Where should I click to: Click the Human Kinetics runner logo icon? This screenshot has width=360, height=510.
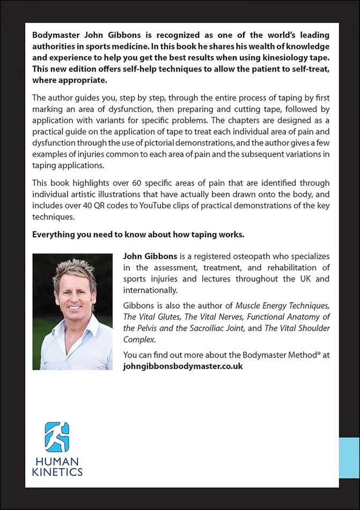[x=57, y=436]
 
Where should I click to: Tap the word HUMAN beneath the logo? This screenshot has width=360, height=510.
[x=56, y=461]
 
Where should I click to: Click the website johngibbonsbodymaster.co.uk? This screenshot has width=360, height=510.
[x=183, y=366]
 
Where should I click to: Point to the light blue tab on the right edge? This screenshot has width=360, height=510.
[x=349, y=457]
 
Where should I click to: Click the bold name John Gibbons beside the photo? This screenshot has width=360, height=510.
[x=148, y=257]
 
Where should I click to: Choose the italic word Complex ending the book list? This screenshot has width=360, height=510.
[x=138, y=339]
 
